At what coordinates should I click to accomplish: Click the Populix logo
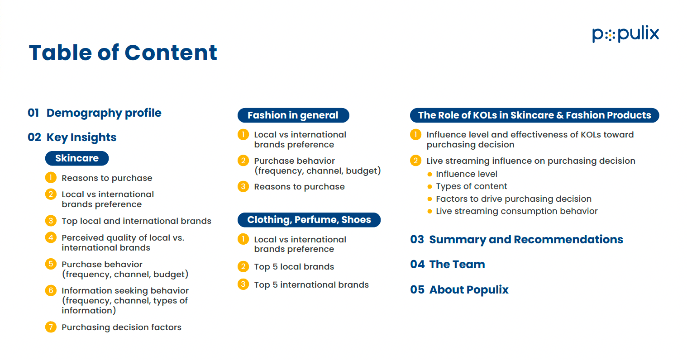coord(625,34)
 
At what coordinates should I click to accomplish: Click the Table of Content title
coord(123,52)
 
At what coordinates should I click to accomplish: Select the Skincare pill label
coord(77,158)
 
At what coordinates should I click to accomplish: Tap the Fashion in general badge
coord(293,115)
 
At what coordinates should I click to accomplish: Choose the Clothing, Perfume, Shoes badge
coord(309,220)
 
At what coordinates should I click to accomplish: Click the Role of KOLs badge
coord(534,115)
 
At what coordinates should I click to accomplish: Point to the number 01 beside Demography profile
coord(33,113)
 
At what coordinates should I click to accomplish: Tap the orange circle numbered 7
coord(51,327)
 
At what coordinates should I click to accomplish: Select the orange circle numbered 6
coord(51,290)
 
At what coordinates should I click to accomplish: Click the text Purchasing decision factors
coord(121,327)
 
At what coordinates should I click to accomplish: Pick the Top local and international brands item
coord(137,221)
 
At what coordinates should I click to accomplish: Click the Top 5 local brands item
coord(294,267)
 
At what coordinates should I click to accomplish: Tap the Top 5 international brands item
coord(311,285)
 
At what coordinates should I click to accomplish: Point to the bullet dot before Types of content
coord(429,187)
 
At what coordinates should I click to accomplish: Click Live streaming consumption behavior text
coord(517,211)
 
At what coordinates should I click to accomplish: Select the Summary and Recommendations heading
coord(526,239)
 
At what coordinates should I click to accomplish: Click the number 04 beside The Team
coord(417,265)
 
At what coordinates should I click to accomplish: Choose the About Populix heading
coord(468,290)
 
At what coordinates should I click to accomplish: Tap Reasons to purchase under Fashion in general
coord(299,187)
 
